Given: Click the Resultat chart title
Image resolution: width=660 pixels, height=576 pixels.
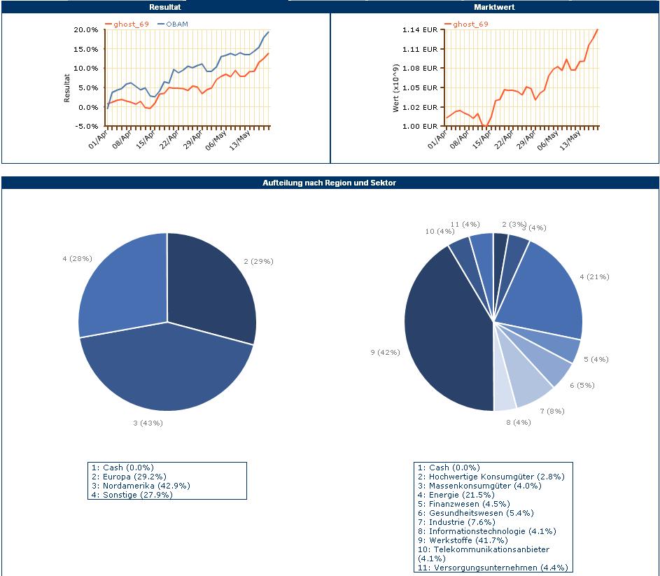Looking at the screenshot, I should tap(165, 7).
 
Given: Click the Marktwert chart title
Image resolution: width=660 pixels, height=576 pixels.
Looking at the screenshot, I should tap(494, 7).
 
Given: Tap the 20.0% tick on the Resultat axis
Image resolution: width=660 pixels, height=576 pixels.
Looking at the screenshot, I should tap(85, 30).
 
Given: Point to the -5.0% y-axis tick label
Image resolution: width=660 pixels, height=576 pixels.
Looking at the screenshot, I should tap(85, 127).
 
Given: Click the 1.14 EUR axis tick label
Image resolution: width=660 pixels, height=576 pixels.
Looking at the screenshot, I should tap(420, 30).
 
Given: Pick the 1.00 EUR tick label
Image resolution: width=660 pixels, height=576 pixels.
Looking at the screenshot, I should tap(420, 127).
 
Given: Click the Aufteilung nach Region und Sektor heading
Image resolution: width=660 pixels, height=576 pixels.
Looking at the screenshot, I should tap(330, 183).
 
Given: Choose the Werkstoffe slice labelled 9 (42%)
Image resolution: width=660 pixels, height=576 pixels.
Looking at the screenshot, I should tap(448, 336).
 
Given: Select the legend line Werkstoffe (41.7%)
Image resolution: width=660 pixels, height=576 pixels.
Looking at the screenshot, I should tap(463, 540).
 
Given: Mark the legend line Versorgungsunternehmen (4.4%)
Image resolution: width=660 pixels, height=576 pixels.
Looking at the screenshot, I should tap(493, 568).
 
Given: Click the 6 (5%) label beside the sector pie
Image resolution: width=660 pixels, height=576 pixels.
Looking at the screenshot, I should tap(582, 386).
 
